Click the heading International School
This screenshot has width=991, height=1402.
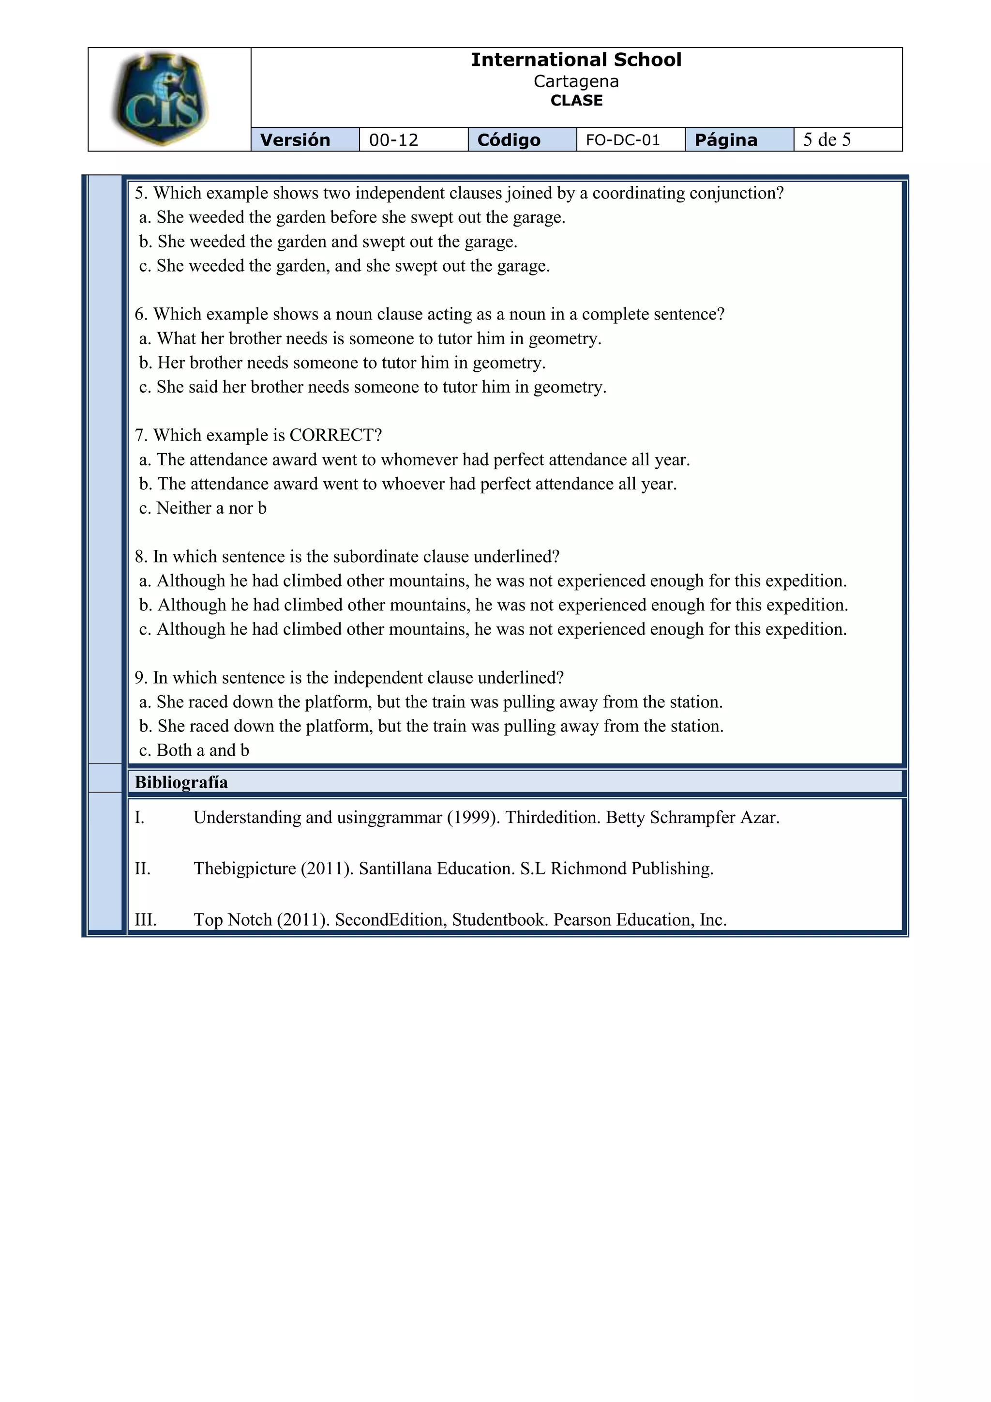[x=576, y=60]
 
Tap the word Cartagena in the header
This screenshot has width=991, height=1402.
[x=576, y=81]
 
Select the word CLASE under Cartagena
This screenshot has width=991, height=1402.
[x=576, y=101]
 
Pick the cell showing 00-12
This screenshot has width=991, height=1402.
[x=393, y=140]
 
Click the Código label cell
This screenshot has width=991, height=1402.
[x=509, y=140]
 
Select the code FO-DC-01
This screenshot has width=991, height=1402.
[x=623, y=140]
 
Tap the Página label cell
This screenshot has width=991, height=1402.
[x=726, y=140]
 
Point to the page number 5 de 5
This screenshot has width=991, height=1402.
[x=827, y=140]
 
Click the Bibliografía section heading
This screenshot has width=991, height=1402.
[x=181, y=782]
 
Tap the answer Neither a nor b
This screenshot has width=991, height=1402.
[x=211, y=508]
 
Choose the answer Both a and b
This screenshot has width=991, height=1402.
[x=203, y=750]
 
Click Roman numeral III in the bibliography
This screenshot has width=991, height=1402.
[x=145, y=920]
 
